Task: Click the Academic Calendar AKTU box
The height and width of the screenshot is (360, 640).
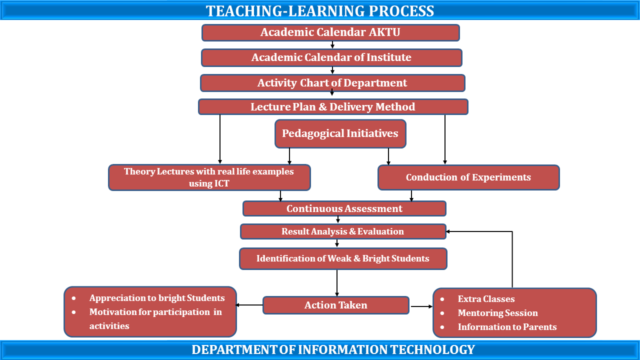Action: click(x=330, y=32)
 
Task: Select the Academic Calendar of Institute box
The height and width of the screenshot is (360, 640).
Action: click(x=331, y=57)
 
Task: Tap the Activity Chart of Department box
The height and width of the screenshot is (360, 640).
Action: click(x=332, y=83)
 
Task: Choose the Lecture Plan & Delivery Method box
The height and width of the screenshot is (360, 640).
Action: click(x=333, y=107)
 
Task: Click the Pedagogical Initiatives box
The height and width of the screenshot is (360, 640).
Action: click(x=340, y=133)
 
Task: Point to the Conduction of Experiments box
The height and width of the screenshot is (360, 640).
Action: click(x=468, y=177)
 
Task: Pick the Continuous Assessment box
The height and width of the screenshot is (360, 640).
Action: click(x=344, y=208)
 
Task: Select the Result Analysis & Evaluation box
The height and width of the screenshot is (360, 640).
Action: click(x=343, y=231)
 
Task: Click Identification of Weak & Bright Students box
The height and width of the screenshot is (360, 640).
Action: click(x=343, y=258)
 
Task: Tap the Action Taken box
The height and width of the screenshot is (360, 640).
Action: click(x=336, y=305)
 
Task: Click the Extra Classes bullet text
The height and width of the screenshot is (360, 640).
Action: click(x=486, y=299)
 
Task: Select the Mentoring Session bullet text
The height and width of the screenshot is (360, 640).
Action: click(x=497, y=313)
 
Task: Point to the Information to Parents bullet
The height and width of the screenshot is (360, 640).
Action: click(x=507, y=327)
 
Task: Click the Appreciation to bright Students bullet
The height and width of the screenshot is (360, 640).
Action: click(x=157, y=298)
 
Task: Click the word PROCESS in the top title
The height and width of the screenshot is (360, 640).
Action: click(x=401, y=11)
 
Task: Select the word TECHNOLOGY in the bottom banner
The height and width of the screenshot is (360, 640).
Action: click(x=432, y=349)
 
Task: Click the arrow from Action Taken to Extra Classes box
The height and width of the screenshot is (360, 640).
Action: click(x=421, y=306)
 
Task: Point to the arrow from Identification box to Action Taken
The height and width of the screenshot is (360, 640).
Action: click(x=337, y=283)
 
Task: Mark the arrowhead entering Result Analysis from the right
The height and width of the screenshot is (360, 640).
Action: click(x=448, y=231)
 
